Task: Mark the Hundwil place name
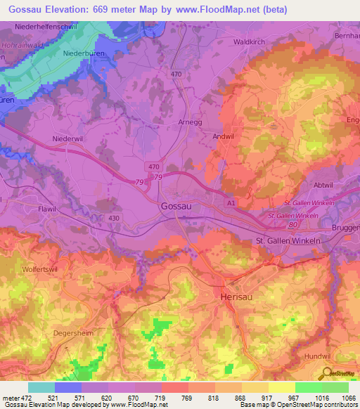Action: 321,357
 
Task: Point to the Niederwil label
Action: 69,139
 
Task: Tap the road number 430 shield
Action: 115,219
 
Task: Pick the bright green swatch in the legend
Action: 308,387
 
